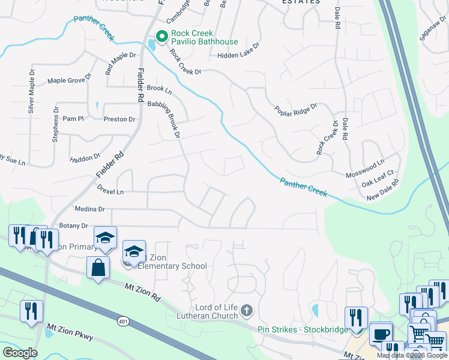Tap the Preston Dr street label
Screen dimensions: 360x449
click(x=119, y=119)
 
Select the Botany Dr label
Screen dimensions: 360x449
click(x=73, y=226)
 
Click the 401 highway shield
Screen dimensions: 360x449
click(x=124, y=322)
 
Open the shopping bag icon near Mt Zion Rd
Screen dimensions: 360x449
click(x=98, y=268)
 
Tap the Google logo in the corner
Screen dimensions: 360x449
click(x=20, y=353)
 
